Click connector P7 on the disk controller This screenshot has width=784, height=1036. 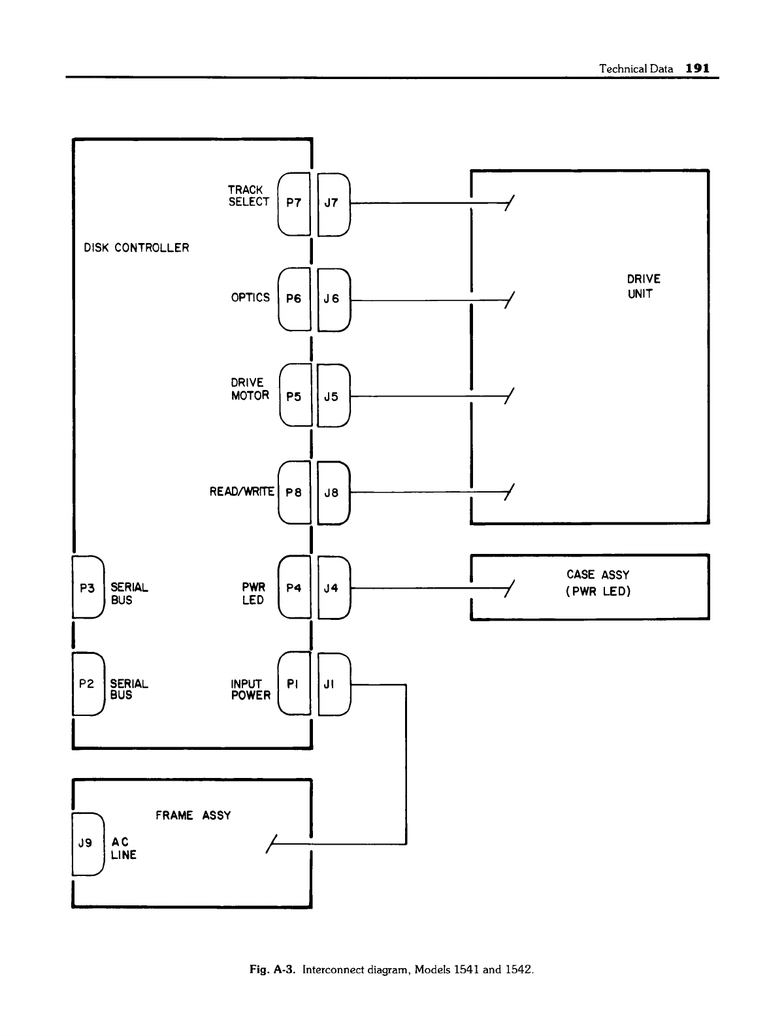click(x=294, y=202)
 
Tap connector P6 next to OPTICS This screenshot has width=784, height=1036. click(x=294, y=299)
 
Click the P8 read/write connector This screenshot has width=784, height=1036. click(x=294, y=493)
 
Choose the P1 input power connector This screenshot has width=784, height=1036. click(x=294, y=684)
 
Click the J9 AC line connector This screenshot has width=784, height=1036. click(x=86, y=843)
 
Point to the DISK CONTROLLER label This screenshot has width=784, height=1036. click(x=137, y=248)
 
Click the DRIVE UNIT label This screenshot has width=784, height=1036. click(x=643, y=287)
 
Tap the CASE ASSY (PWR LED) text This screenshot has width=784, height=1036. click(x=598, y=583)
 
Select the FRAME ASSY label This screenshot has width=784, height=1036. click(x=193, y=815)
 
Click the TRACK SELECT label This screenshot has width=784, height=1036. click(x=248, y=196)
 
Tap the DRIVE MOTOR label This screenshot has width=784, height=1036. click(x=250, y=389)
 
